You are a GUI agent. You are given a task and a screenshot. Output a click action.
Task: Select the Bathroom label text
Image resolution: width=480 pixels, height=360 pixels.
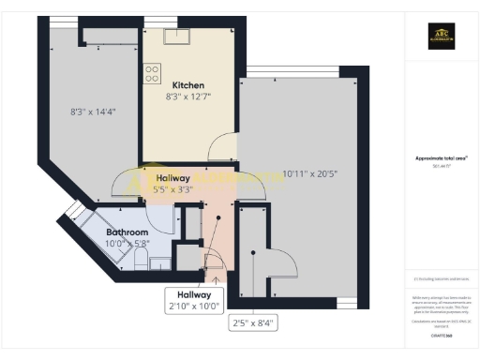pos(127,232)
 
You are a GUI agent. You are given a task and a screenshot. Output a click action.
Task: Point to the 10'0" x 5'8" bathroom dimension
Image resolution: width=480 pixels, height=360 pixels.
pos(127,244)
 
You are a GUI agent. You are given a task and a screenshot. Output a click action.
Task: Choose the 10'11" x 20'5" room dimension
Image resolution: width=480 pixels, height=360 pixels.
pos(301,173)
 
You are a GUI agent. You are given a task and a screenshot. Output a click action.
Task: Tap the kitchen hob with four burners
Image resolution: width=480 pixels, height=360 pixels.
pos(152,73)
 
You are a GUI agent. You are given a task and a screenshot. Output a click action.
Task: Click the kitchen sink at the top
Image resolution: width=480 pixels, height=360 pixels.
pos(176,37)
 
